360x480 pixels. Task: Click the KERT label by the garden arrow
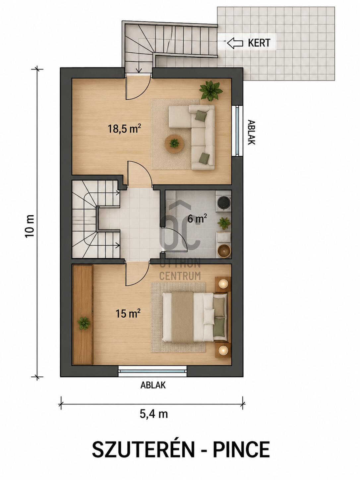pos(259,43)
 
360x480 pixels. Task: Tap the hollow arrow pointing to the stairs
pos(235,43)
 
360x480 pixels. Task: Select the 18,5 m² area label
pos(124,129)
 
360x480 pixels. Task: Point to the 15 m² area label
pos(128,313)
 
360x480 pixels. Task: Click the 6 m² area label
pos(197,218)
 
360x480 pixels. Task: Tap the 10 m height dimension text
pos(30,226)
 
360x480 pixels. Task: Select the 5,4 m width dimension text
pos(154,414)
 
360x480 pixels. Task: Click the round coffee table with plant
pos(174,143)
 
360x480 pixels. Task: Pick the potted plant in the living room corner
pos(211,91)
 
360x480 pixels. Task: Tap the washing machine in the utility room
pos(223,201)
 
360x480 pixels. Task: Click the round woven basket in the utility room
pos(224,251)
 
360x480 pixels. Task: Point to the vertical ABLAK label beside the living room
pos(252,132)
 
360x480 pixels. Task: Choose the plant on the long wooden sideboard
pos(84,323)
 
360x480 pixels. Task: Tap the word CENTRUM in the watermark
pos(180,276)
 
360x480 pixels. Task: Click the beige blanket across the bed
pos(182,317)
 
